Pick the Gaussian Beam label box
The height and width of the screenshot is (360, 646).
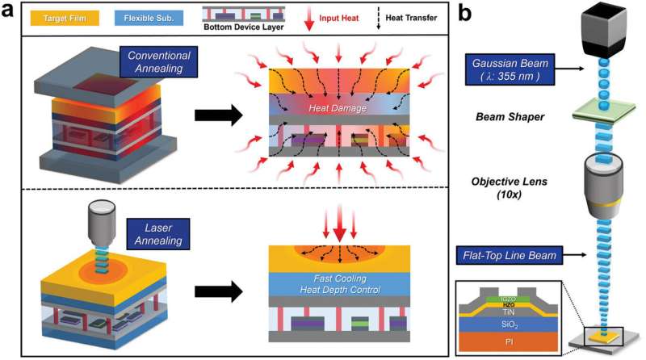[x=511, y=64]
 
